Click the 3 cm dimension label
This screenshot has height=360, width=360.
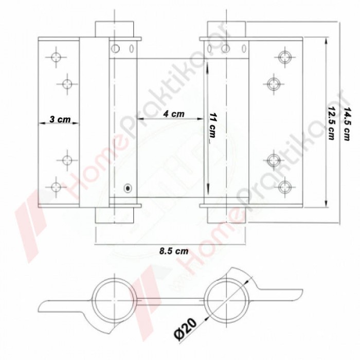tap(60, 119)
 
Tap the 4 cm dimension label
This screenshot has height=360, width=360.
tap(174, 114)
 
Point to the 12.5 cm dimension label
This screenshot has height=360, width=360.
tap(332, 123)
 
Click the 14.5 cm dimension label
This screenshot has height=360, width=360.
tap(347, 124)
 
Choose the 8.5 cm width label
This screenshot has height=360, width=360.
tap(174, 251)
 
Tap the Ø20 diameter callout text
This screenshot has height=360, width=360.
tap(186, 329)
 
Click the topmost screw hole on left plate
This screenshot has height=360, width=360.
tap(56, 57)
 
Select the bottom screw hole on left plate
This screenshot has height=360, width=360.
tap(56, 187)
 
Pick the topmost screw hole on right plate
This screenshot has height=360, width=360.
tap(285, 57)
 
